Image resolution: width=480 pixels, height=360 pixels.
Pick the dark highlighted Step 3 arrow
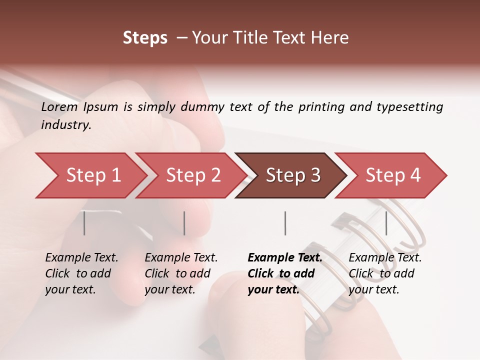(293, 175)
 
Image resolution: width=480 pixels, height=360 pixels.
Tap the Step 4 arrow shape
(393, 175)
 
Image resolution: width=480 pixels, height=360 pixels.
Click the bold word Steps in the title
(145, 38)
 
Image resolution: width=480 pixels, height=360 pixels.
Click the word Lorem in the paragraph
(59, 107)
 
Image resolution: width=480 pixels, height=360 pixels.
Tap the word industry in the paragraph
(66, 125)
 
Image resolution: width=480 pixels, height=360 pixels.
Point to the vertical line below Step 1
(84, 223)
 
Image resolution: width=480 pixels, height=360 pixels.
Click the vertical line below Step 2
(184, 223)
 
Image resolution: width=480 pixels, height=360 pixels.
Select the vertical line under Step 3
(285, 223)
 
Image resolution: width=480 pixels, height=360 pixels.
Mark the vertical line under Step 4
(386, 223)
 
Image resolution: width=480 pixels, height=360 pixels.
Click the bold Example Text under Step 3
(285, 258)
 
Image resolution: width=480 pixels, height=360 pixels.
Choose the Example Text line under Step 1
(81, 258)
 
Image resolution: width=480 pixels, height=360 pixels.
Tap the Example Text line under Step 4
(385, 258)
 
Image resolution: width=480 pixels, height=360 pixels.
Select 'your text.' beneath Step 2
(169, 289)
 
